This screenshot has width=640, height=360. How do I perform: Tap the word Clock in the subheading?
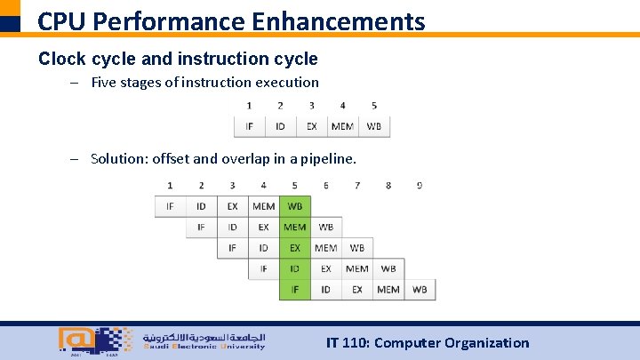62,59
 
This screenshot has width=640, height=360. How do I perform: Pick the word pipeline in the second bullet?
325,159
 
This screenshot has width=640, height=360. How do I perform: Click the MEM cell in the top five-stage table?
342,126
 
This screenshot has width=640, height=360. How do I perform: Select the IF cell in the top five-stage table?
249,126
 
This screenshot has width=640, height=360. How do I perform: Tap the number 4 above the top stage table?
342,106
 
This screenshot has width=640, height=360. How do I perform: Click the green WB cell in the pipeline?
294,206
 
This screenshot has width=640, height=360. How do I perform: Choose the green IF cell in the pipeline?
294,289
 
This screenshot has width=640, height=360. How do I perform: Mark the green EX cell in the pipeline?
294,248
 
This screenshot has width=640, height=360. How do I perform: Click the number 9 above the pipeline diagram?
420,185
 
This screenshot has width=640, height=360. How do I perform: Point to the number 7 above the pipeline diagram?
357,185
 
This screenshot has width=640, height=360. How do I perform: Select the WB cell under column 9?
420,289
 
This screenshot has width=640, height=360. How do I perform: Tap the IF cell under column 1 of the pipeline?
170,206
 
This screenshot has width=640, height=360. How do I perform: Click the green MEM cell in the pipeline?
294,228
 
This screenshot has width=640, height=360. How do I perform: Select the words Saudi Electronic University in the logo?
204,347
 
